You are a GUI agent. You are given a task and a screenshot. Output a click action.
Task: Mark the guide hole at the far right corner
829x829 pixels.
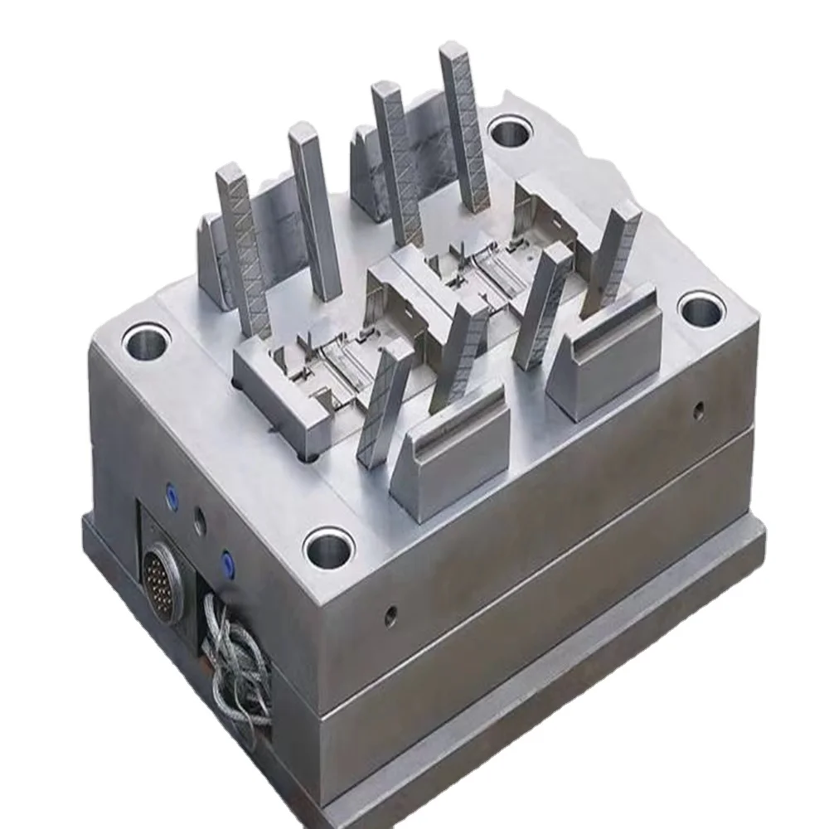coord(701,308)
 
